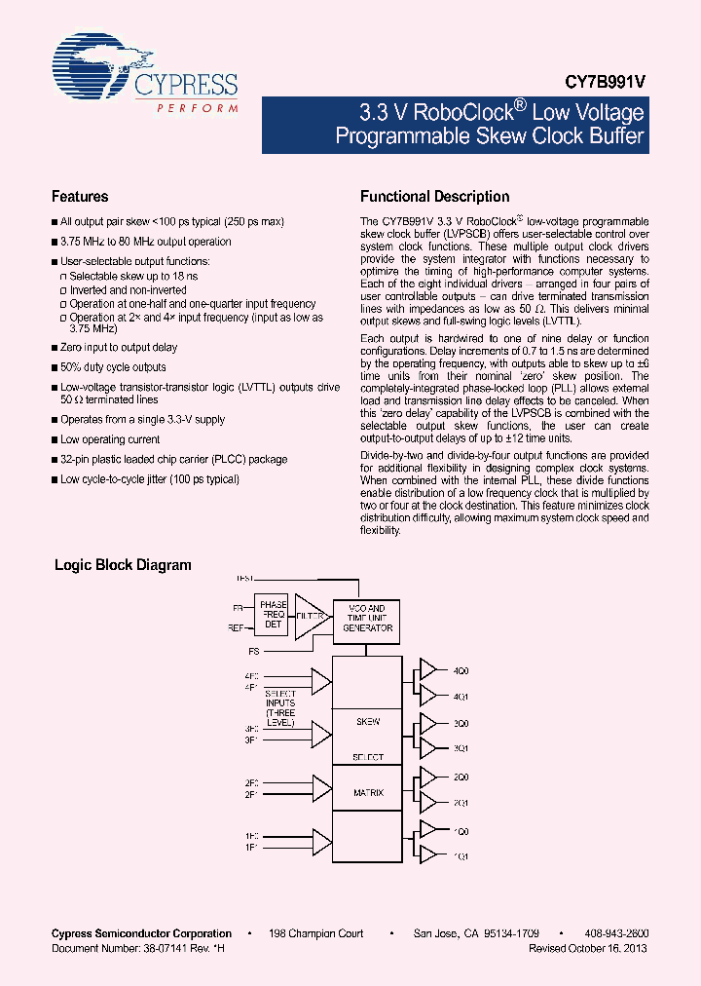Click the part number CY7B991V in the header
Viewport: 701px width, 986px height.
(x=607, y=85)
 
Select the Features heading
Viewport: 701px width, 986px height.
(x=80, y=197)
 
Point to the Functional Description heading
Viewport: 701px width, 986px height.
(x=435, y=197)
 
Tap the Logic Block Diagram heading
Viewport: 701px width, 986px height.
(x=123, y=565)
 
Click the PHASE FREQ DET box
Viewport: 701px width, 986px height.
(x=273, y=616)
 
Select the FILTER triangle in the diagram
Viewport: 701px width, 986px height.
(x=311, y=617)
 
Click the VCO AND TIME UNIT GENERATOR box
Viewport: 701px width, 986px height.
(x=366, y=619)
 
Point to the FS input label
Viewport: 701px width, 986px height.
(x=253, y=650)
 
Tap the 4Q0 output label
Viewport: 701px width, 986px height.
(x=461, y=670)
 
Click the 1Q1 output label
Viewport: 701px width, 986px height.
(x=461, y=856)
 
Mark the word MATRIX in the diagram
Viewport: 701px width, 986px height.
(x=367, y=793)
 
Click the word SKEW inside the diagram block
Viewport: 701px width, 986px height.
(x=367, y=722)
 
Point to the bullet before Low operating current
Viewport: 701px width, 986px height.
(x=55, y=440)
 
